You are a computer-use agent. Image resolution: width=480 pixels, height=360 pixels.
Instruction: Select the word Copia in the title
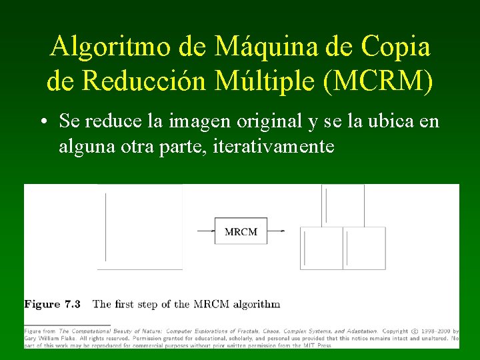click(395, 47)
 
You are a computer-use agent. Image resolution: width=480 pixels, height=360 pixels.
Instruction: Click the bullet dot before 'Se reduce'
click(43, 122)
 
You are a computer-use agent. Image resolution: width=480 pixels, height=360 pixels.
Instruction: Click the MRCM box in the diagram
click(241, 231)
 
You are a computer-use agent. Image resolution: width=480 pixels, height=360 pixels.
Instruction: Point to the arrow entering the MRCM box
click(205, 231)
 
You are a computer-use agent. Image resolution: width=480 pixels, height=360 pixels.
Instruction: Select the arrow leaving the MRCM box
click(277, 231)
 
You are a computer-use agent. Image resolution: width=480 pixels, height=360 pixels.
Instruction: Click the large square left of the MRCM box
click(140, 227)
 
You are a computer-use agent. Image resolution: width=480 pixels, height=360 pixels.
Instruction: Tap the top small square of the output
click(343, 205)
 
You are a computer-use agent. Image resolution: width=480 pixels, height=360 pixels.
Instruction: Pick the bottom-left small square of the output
click(321, 248)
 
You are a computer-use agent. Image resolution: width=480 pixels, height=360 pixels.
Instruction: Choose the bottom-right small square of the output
click(365, 248)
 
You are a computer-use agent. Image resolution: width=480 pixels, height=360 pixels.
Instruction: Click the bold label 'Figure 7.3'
click(53, 304)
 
